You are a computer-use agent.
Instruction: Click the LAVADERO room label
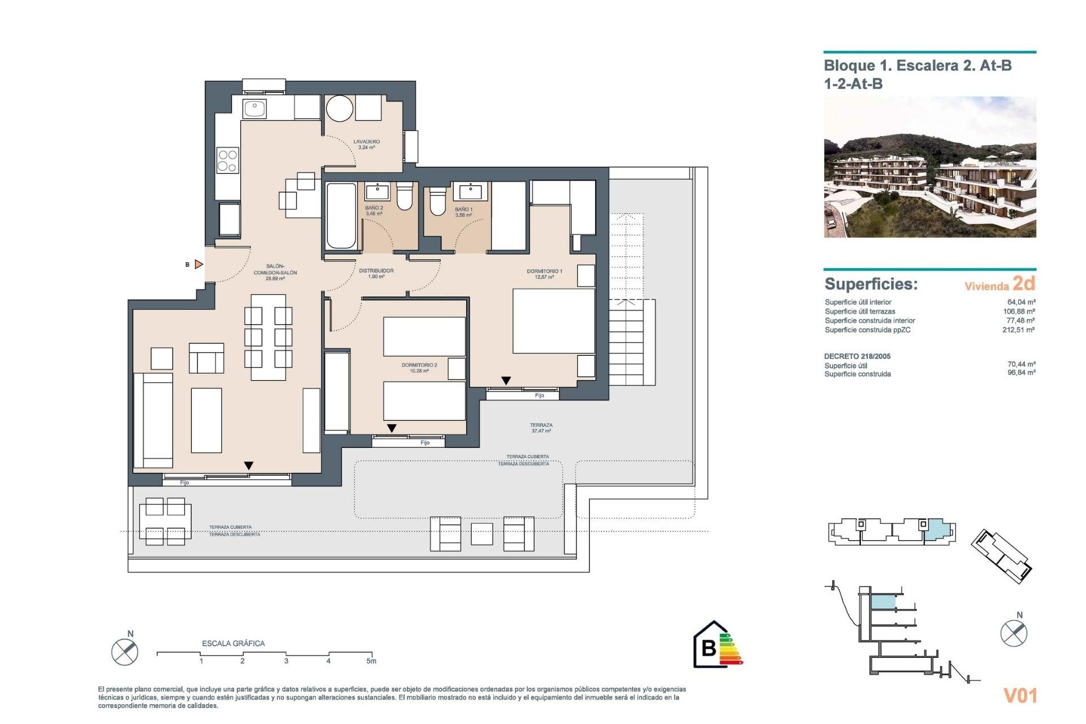pos(367,144)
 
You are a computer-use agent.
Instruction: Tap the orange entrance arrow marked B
pos(199,264)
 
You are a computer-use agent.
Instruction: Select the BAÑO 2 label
pos(374,210)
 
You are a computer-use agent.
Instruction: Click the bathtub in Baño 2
pos(341,216)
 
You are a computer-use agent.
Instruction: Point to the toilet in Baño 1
pos(437,202)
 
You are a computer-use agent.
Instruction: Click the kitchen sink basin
pos(255,108)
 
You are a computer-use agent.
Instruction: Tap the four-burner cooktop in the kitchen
pos(227,160)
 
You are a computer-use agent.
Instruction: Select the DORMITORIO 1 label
pos(544,274)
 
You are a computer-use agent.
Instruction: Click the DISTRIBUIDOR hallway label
pos(376,273)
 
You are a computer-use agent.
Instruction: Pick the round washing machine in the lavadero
pos(339,109)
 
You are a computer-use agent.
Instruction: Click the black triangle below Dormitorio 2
pos(391,428)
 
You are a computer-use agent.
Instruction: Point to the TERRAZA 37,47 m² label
pos(541,428)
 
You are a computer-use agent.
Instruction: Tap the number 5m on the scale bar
pos(371,661)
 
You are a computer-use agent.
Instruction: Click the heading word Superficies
pos(870,284)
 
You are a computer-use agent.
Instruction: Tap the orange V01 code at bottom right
pos(1020,695)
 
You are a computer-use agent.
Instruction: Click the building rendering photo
pos(929,167)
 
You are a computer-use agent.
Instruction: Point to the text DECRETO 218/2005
pos(857,356)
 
